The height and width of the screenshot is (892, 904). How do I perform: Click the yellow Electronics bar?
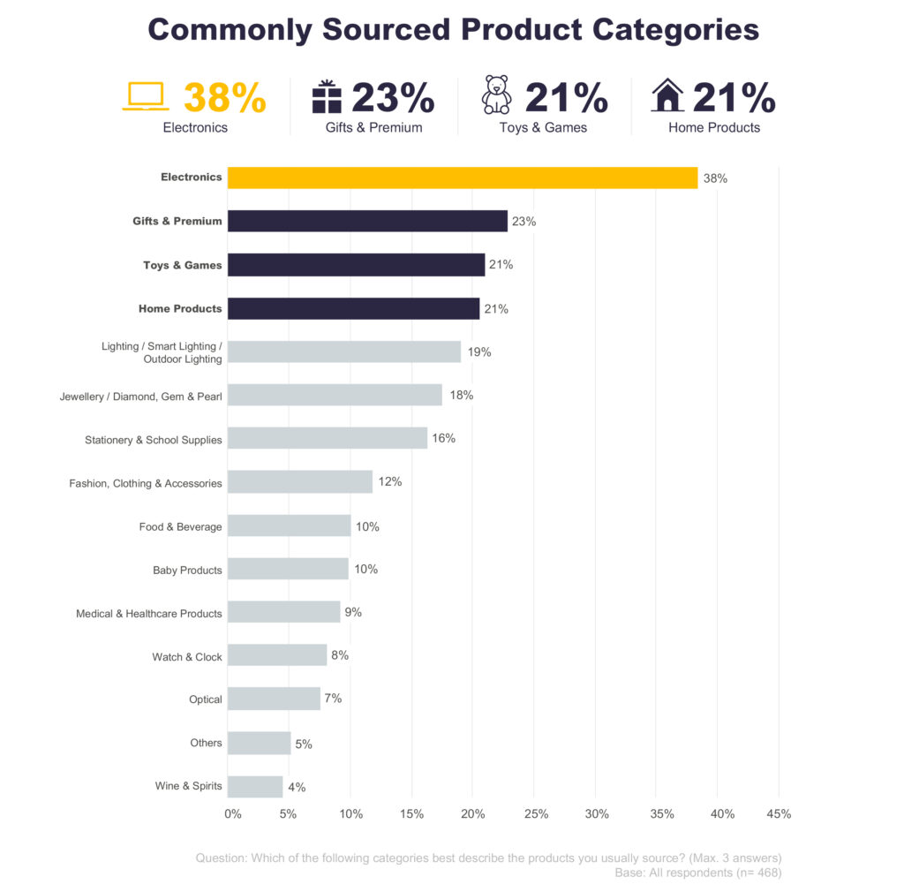tap(462, 178)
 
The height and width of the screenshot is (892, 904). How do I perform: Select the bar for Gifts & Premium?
tap(367, 221)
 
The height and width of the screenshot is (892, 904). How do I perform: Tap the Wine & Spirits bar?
tap(255, 786)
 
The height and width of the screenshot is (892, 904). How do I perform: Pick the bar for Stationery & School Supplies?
tap(328, 438)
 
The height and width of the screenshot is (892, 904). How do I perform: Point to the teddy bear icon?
tap(497, 95)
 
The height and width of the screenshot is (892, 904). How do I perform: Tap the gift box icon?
tap(327, 96)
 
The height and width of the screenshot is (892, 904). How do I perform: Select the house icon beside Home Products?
tap(667, 95)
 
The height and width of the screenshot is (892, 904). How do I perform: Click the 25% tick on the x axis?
tap(536, 814)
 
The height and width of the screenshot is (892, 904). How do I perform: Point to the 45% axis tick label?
tap(779, 814)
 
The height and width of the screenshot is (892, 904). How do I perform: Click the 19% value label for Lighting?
tap(479, 352)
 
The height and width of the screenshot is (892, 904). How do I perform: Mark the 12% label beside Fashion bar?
tap(390, 481)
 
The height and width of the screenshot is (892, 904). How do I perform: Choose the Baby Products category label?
tap(187, 571)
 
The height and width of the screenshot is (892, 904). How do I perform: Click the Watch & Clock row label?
tap(187, 657)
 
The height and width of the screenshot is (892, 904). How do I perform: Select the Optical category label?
tap(205, 699)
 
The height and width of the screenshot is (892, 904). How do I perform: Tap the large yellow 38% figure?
tap(224, 98)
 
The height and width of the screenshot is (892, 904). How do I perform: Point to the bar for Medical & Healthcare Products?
tap(283, 612)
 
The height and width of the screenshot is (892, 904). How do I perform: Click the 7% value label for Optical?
tap(333, 698)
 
